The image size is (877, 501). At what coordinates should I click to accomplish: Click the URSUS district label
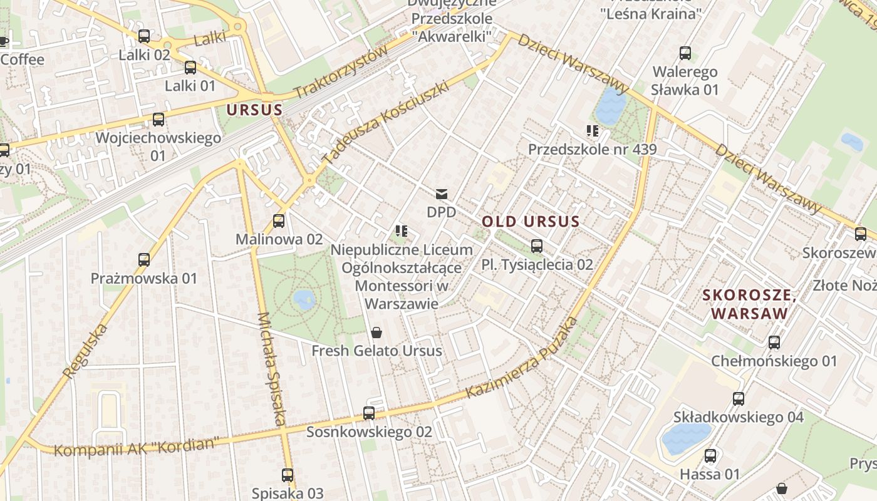pyautogui.click(x=254, y=110)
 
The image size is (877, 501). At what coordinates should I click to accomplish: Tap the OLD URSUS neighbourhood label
pyautogui.click(x=531, y=221)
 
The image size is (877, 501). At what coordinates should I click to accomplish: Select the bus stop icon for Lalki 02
pyautogui.click(x=144, y=36)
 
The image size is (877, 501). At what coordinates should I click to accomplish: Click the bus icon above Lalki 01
pyautogui.click(x=190, y=68)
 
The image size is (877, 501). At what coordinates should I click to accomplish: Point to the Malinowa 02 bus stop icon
pyautogui.click(x=279, y=221)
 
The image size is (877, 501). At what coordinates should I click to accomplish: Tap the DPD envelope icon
pyautogui.click(x=442, y=194)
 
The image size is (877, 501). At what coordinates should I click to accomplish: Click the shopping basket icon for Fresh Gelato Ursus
pyautogui.click(x=376, y=332)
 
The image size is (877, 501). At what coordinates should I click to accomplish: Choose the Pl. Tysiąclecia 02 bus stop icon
pyautogui.click(x=537, y=246)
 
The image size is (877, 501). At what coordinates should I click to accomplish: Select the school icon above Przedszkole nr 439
pyautogui.click(x=593, y=131)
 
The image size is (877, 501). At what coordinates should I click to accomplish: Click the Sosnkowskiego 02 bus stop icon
pyautogui.click(x=369, y=413)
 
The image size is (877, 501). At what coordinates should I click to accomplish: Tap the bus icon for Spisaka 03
pyautogui.click(x=288, y=475)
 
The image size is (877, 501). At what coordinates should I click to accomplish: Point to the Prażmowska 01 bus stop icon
pyautogui.click(x=144, y=259)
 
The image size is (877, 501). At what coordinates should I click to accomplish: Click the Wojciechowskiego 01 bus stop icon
pyautogui.click(x=158, y=119)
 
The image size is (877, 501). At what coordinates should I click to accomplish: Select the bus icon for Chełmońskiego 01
pyautogui.click(x=774, y=343)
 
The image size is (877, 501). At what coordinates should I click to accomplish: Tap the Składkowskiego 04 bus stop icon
pyautogui.click(x=739, y=399)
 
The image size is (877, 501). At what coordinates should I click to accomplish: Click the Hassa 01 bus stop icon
pyautogui.click(x=710, y=456)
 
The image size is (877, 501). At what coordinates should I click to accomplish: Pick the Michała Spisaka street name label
pyautogui.click(x=271, y=369)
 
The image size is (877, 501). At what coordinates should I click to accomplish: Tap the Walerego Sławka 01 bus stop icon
pyautogui.click(x=685, y=53)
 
